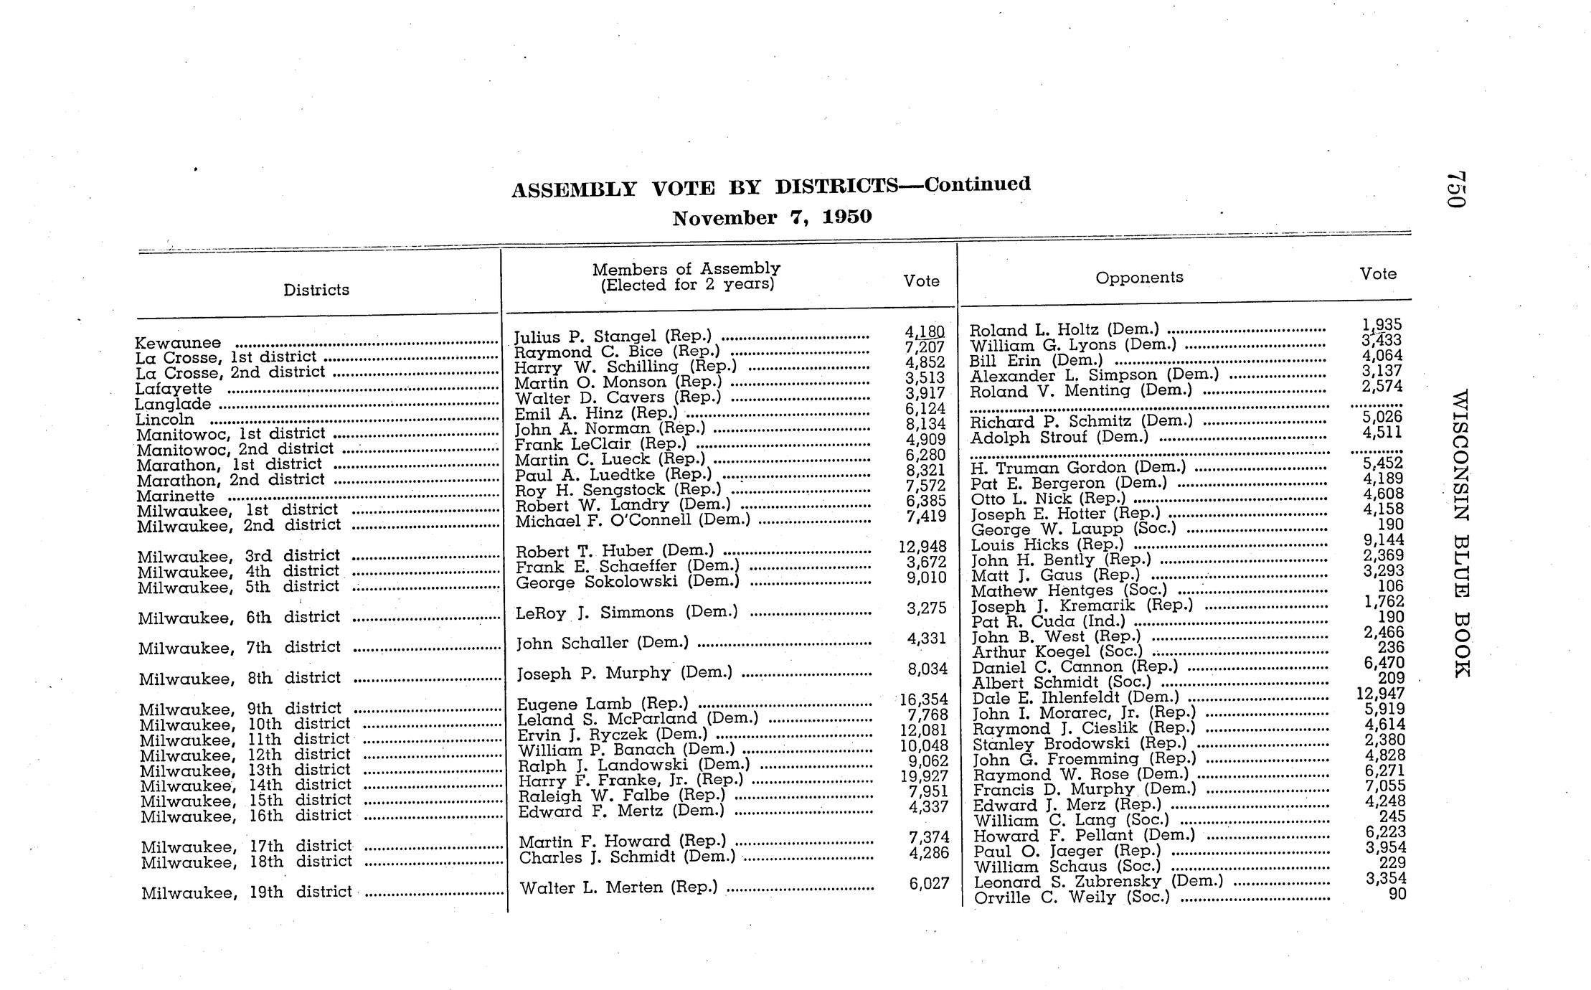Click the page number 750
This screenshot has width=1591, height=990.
(1456, 189)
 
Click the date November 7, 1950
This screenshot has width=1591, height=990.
(772, 217)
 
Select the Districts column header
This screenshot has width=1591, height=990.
(316, 290)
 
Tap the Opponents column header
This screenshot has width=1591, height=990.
(1139, 278)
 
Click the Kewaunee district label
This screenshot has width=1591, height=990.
(178, 343)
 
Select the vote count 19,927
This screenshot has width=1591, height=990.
(924, 776)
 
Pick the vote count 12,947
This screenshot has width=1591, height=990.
(1380, 694)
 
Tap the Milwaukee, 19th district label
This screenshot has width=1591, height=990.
(246, 892)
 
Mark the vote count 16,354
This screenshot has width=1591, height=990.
(924, 699)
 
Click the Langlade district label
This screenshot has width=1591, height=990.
(173, 404)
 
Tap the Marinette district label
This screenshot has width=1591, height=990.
(176, 496)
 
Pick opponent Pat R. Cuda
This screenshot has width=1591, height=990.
(1048, 621)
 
